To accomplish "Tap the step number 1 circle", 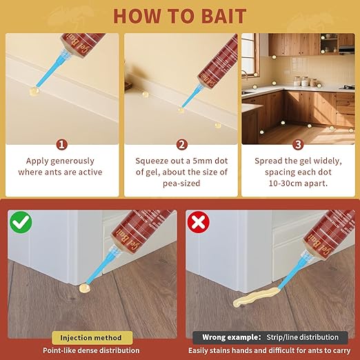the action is tap(62, 145).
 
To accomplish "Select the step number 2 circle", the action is tap(182, 145).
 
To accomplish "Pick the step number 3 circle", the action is tap(298, 145).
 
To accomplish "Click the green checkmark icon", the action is tap(21, 223).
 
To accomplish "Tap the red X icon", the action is tap(199, 222).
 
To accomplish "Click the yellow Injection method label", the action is tap(92, 338).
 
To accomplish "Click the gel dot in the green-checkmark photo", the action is tap(85, 288).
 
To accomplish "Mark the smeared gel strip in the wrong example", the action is tap(255, 297).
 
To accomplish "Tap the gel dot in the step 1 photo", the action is tap(34, 91).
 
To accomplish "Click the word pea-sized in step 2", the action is tap(181, 183).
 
